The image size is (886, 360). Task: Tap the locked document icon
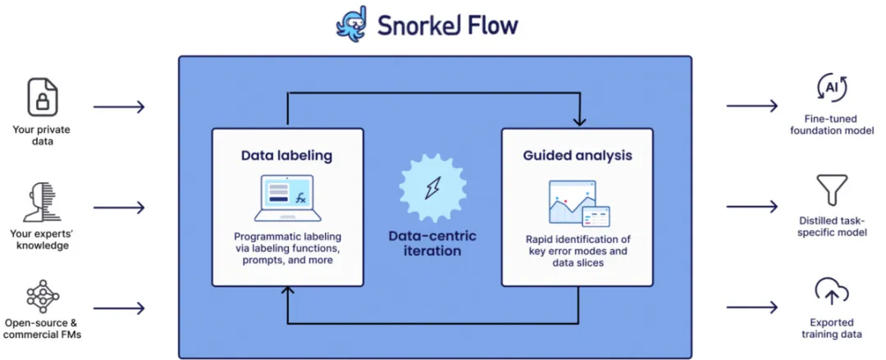coord(43,98)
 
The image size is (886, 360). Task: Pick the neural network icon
coord(43,296)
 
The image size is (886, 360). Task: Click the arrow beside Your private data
coord(119,107)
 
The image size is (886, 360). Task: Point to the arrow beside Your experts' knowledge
coord(119,208)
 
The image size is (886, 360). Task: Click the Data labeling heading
coord(286,156)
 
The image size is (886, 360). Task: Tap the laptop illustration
coord(288,198)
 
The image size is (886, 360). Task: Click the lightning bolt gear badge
coord(433,188)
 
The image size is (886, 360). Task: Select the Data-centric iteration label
coord(433,243)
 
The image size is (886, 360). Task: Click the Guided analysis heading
coord(578,156)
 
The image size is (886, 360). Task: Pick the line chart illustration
coord(579,203)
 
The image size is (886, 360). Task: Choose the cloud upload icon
coord(833,292)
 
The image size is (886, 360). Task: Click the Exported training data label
coord(832,328)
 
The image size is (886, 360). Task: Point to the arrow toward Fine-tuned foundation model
coord(752,106)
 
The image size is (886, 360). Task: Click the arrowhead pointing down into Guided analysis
coord(578,121)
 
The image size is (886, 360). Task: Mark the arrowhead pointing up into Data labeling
coord(288,292)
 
